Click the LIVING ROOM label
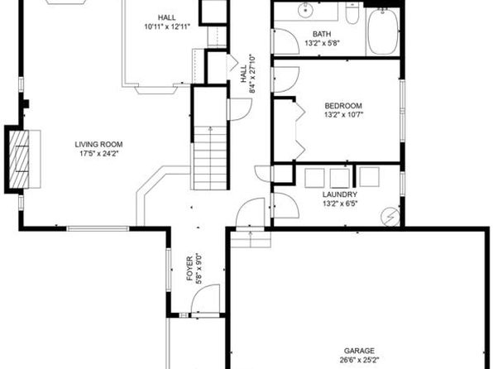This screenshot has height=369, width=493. coord(98,145)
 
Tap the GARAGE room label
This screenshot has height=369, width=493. coord(359,351)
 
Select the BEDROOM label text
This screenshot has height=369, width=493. coord(343,106)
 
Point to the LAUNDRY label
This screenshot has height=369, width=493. coord(340,194)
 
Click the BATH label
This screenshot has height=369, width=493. coord(322,34)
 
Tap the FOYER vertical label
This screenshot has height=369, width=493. coord(189,269)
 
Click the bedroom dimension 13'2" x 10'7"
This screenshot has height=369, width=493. coord(343,115)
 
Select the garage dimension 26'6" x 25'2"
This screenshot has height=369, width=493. coord(359,360)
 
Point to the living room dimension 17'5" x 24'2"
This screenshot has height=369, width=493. coord(98,154)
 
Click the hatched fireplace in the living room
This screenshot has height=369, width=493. coord(19,159)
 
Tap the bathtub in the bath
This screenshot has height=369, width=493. coord(383,31)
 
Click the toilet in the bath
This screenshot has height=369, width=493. coord(352,14)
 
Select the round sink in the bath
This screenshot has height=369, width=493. coord(305,10)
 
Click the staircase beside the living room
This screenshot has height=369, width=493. coord(210,157)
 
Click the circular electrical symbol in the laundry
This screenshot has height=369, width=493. coord(390,217)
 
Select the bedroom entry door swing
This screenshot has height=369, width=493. coord(286,79)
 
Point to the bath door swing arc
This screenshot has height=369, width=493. coord(286,41)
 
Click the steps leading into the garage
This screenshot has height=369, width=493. coord(251,239)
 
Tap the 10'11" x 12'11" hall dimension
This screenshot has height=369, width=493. coord(167,26)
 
